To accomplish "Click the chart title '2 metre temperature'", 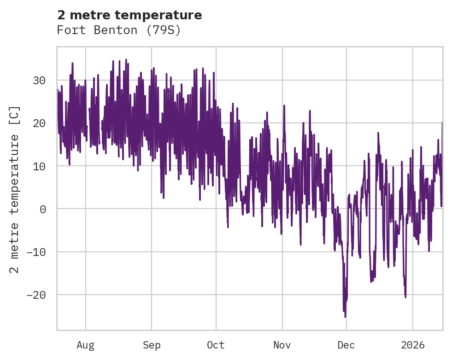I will [129, 15].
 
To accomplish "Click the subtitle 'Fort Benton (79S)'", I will [118, 30].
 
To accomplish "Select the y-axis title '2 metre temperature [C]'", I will [15, 190].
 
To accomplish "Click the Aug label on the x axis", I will [85, 345].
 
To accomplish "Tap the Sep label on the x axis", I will [151, 345].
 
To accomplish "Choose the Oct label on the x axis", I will [216, 345].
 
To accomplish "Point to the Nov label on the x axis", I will [282, 345].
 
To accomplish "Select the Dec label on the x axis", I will [346, 345].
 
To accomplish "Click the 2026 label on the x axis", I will [412, 345].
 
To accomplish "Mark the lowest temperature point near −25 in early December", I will [345, 317].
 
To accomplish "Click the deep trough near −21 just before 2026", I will [405, 297].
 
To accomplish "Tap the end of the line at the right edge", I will [442, 122].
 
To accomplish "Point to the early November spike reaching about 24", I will [284, 106].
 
